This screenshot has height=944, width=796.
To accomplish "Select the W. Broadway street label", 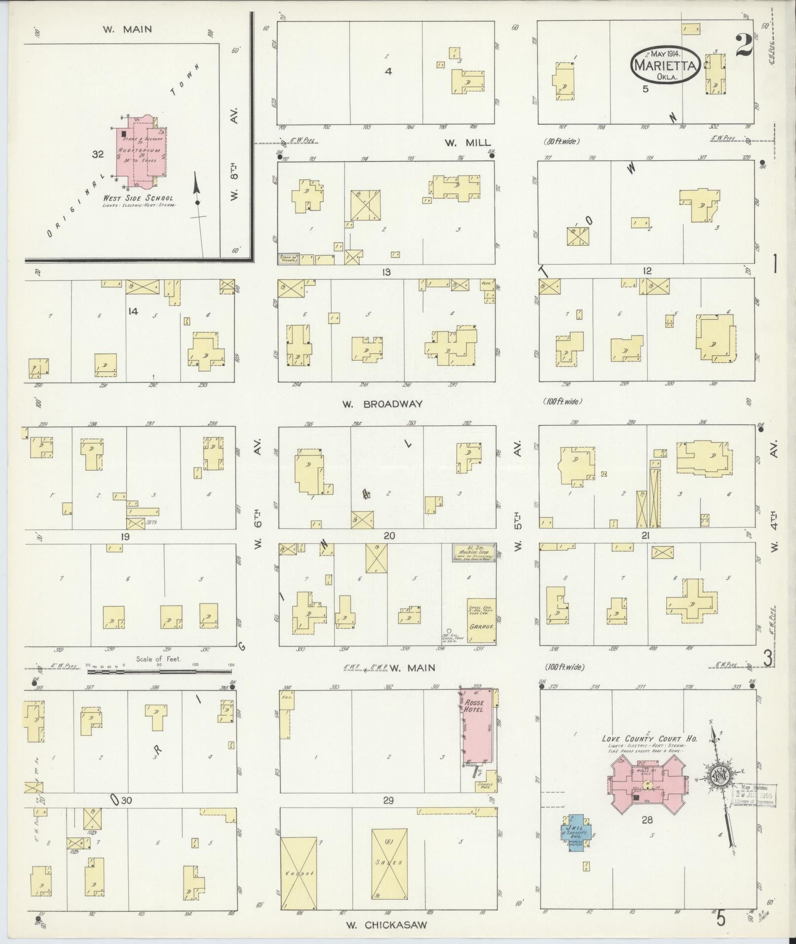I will click(x=382, y=404).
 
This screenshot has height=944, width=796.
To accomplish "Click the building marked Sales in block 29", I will click(x=389, y=863).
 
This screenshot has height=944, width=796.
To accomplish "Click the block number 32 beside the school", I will click(x=98, y=154).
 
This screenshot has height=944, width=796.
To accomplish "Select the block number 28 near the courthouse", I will click(x=647, y=820).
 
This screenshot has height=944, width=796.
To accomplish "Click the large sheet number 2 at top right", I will click(x=743, y=46).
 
